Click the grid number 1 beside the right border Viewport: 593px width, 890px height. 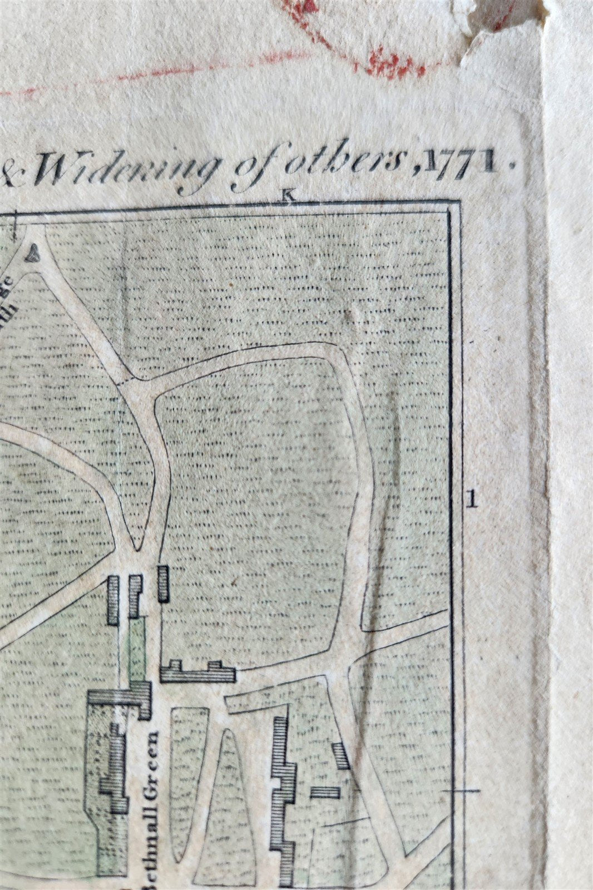point(473,499)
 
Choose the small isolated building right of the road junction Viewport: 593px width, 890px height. point(162,583)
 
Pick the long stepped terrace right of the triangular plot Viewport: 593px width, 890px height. point(284,795)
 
